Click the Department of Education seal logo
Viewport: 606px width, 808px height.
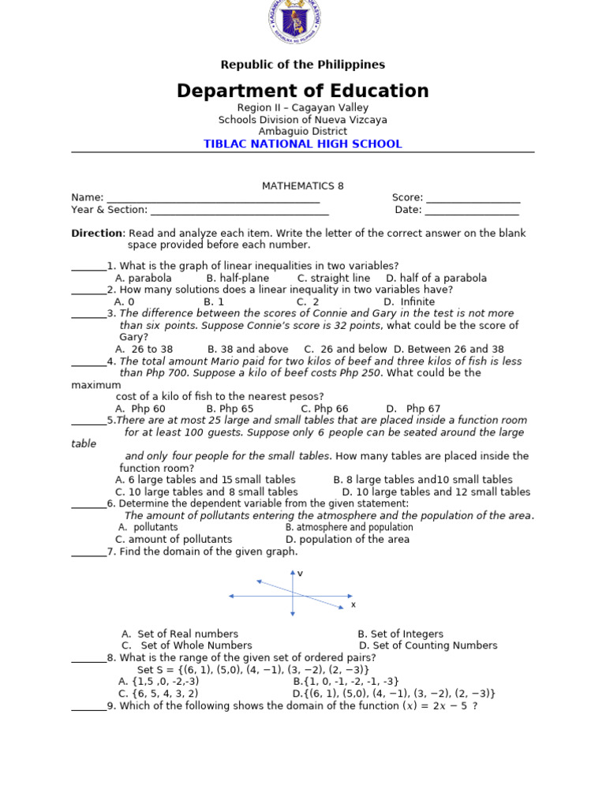point(294,22)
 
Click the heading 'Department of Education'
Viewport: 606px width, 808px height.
point(303,91)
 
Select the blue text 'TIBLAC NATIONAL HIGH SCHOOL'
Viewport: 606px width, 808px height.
point(303,144)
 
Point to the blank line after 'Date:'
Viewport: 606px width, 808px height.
point(472,211)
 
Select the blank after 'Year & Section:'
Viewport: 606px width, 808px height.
point(239,211)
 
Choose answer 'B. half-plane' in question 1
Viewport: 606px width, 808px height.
point(238,279)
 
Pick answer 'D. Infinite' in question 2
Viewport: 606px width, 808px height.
point(409,302)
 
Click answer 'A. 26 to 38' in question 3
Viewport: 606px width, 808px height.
point(144,350)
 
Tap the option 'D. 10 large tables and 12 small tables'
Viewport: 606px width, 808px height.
point(436,492)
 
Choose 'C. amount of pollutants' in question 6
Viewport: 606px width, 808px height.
point(174,540)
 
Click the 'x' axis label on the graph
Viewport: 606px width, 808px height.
point(353,605)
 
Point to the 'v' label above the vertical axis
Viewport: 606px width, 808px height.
point(300,574)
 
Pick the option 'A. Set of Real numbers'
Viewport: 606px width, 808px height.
point(180,634)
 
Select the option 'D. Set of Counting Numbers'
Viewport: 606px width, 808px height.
point(428,645)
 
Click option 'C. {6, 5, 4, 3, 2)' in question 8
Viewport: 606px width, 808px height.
point(159,694)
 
